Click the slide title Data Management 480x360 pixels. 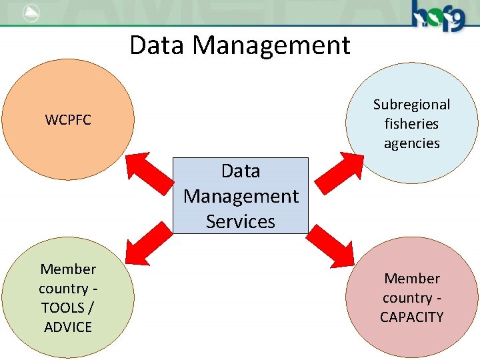239,45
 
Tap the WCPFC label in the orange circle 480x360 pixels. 68,121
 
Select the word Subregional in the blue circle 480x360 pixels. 411,105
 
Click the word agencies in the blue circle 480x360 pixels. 411,143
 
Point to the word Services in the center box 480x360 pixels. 241,221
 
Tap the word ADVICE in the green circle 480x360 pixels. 68,327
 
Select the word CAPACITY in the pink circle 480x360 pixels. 411,317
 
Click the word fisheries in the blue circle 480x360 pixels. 411,124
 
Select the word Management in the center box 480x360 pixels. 241,197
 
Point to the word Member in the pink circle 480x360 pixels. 412,279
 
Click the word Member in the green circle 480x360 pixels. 68,269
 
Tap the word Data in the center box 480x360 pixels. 241,171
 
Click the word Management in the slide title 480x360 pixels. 271,45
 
